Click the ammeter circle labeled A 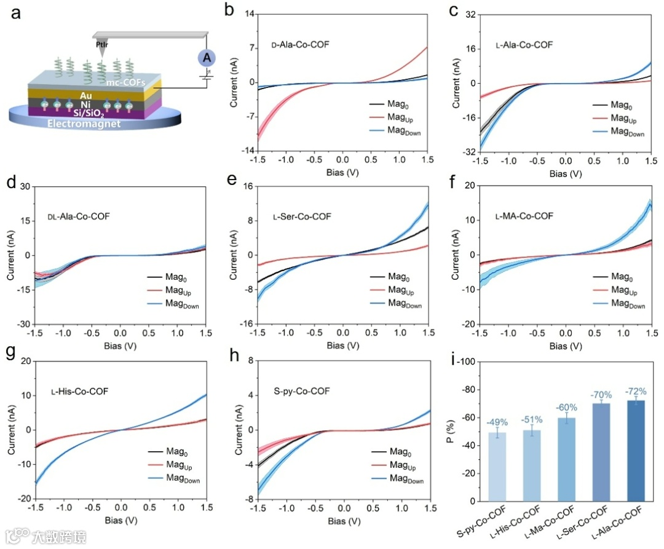pyautogui.click(x=207, y=58)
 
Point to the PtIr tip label pyautogui.click(x=102, y=45)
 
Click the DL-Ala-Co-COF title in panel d pyautogui.click(x=82, y=216)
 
